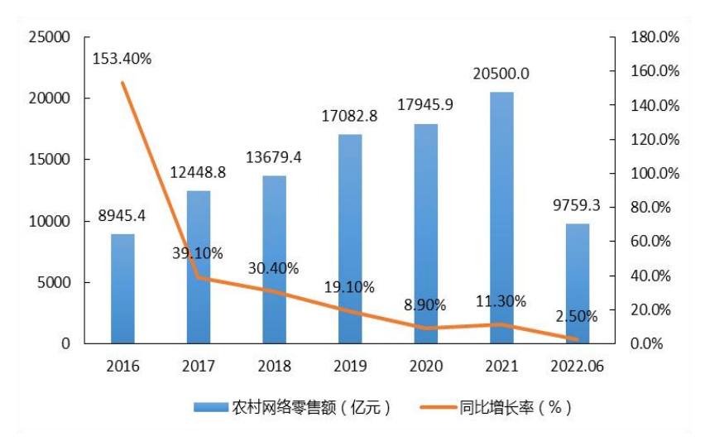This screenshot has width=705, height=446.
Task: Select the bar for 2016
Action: tap(122, 289)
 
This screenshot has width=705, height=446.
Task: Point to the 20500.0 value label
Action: tap(501, 74)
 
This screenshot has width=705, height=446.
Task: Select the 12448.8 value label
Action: tap(198, 173)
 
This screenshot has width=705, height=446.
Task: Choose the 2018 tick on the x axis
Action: tap(274, 366)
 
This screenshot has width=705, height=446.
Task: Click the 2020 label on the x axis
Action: tap(425, 366)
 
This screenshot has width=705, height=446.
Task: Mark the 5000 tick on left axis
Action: tap(55, 282)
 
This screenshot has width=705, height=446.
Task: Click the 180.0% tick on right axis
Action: tap(655, 37)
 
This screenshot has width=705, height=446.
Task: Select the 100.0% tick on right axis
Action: tap(655, 174)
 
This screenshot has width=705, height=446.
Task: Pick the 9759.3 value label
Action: tap(576, 205)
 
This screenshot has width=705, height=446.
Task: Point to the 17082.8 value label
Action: tap(349, 117)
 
